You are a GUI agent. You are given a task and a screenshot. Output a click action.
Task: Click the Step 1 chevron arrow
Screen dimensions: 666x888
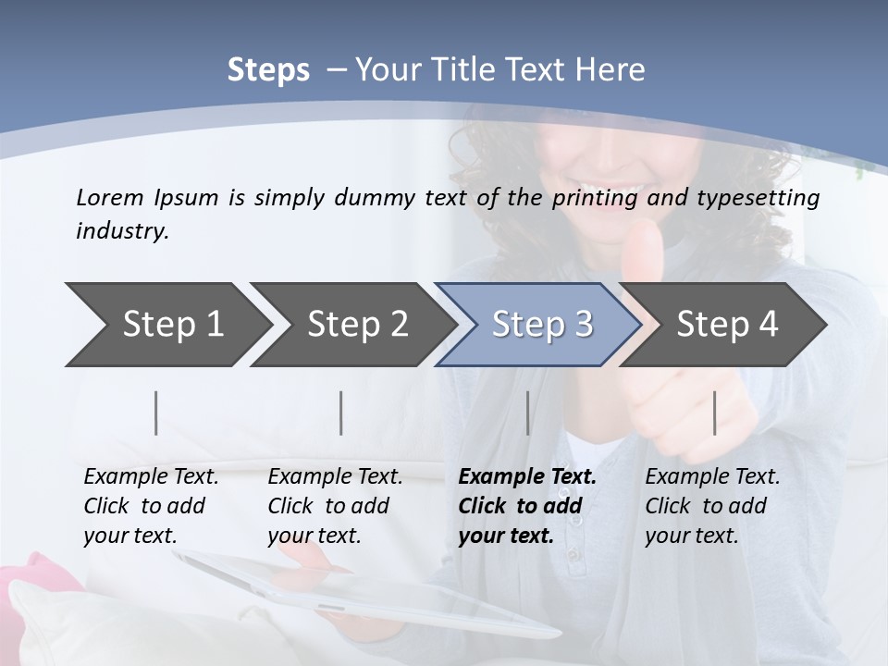166,325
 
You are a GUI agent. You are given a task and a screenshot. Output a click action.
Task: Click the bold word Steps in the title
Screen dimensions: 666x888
268,70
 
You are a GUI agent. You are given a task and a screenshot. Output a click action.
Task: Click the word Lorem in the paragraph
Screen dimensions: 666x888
107,198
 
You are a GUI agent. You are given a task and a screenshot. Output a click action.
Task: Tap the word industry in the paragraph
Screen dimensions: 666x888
122,231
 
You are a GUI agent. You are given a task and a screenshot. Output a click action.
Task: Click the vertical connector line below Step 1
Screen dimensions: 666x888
156,413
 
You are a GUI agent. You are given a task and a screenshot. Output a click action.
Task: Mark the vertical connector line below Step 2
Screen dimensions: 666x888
341,413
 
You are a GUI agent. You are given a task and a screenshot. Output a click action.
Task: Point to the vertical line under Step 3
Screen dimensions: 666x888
528,413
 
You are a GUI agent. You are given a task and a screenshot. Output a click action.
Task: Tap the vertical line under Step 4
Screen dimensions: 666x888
715,413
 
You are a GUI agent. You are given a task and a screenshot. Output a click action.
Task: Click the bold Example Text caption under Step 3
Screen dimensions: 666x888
527,506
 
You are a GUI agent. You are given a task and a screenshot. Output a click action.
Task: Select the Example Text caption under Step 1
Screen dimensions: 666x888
151,506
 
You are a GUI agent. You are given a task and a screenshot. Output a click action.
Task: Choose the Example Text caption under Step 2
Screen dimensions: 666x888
335,506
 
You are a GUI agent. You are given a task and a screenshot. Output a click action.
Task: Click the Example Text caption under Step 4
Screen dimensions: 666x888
712,506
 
